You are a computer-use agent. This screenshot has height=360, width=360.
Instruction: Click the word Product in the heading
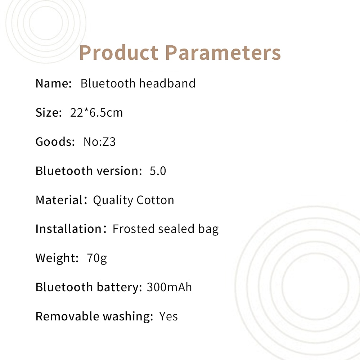[119, 53]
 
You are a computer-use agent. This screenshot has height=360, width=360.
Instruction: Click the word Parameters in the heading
[223, 53]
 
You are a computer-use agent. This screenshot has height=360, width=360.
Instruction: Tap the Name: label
[54, 83]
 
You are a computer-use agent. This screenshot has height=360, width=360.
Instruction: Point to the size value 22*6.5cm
[96, 112]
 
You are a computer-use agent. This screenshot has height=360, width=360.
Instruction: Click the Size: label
[49, 112]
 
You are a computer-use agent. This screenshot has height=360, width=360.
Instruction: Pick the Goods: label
[55, 141]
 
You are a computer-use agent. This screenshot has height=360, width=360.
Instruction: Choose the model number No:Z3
[99, 141]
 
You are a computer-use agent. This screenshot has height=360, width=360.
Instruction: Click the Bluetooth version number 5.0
[158, 171]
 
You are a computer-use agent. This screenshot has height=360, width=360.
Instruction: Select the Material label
[59, 200]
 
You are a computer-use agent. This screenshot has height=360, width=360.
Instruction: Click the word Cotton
[156, 200]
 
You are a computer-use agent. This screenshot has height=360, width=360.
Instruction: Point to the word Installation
[69, 229]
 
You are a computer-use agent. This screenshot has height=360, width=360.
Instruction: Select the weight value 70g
[96, 258]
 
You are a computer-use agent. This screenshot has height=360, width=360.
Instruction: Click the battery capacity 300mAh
[169, 287]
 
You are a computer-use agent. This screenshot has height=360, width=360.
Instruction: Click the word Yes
[168, 316]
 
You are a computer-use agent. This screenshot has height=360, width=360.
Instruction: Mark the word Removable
[68, 316]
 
